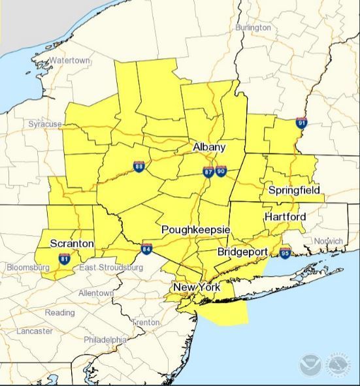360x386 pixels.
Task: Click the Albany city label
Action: [x=209, y=148]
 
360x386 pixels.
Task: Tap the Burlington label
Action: [x=252, y=27]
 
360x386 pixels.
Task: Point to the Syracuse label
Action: [x=44, y=123]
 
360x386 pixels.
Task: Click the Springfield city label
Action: [x=294, y=190]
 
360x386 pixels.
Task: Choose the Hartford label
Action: [x=286, y=216]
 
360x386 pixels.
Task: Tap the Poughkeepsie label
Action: [x=195, y=230]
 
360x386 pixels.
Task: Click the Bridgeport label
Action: [x=243, y=251]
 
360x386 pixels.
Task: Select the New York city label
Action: [x=197, y=287]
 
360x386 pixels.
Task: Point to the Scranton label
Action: [x=72, y=244]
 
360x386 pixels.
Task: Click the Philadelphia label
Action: [x=105, y=340]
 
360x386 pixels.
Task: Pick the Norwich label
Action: [x=327, y=241]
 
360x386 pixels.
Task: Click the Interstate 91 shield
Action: [x=301, y=122]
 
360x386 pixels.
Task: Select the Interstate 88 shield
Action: [x=139, y=166]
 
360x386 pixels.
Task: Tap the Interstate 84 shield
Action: [x=147, y=249]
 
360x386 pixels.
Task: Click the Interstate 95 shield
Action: [x=285, y=251]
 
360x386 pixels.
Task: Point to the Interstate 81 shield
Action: [x=64, y=259]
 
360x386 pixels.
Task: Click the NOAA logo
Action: [x=310, y=364]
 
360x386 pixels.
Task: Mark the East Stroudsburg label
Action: [x=111, y=268]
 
